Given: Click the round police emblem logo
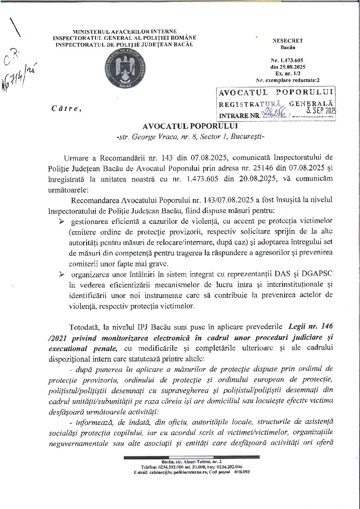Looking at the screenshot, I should [x=123, y=68].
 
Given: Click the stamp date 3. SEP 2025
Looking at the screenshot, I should [x=321, y=110].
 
